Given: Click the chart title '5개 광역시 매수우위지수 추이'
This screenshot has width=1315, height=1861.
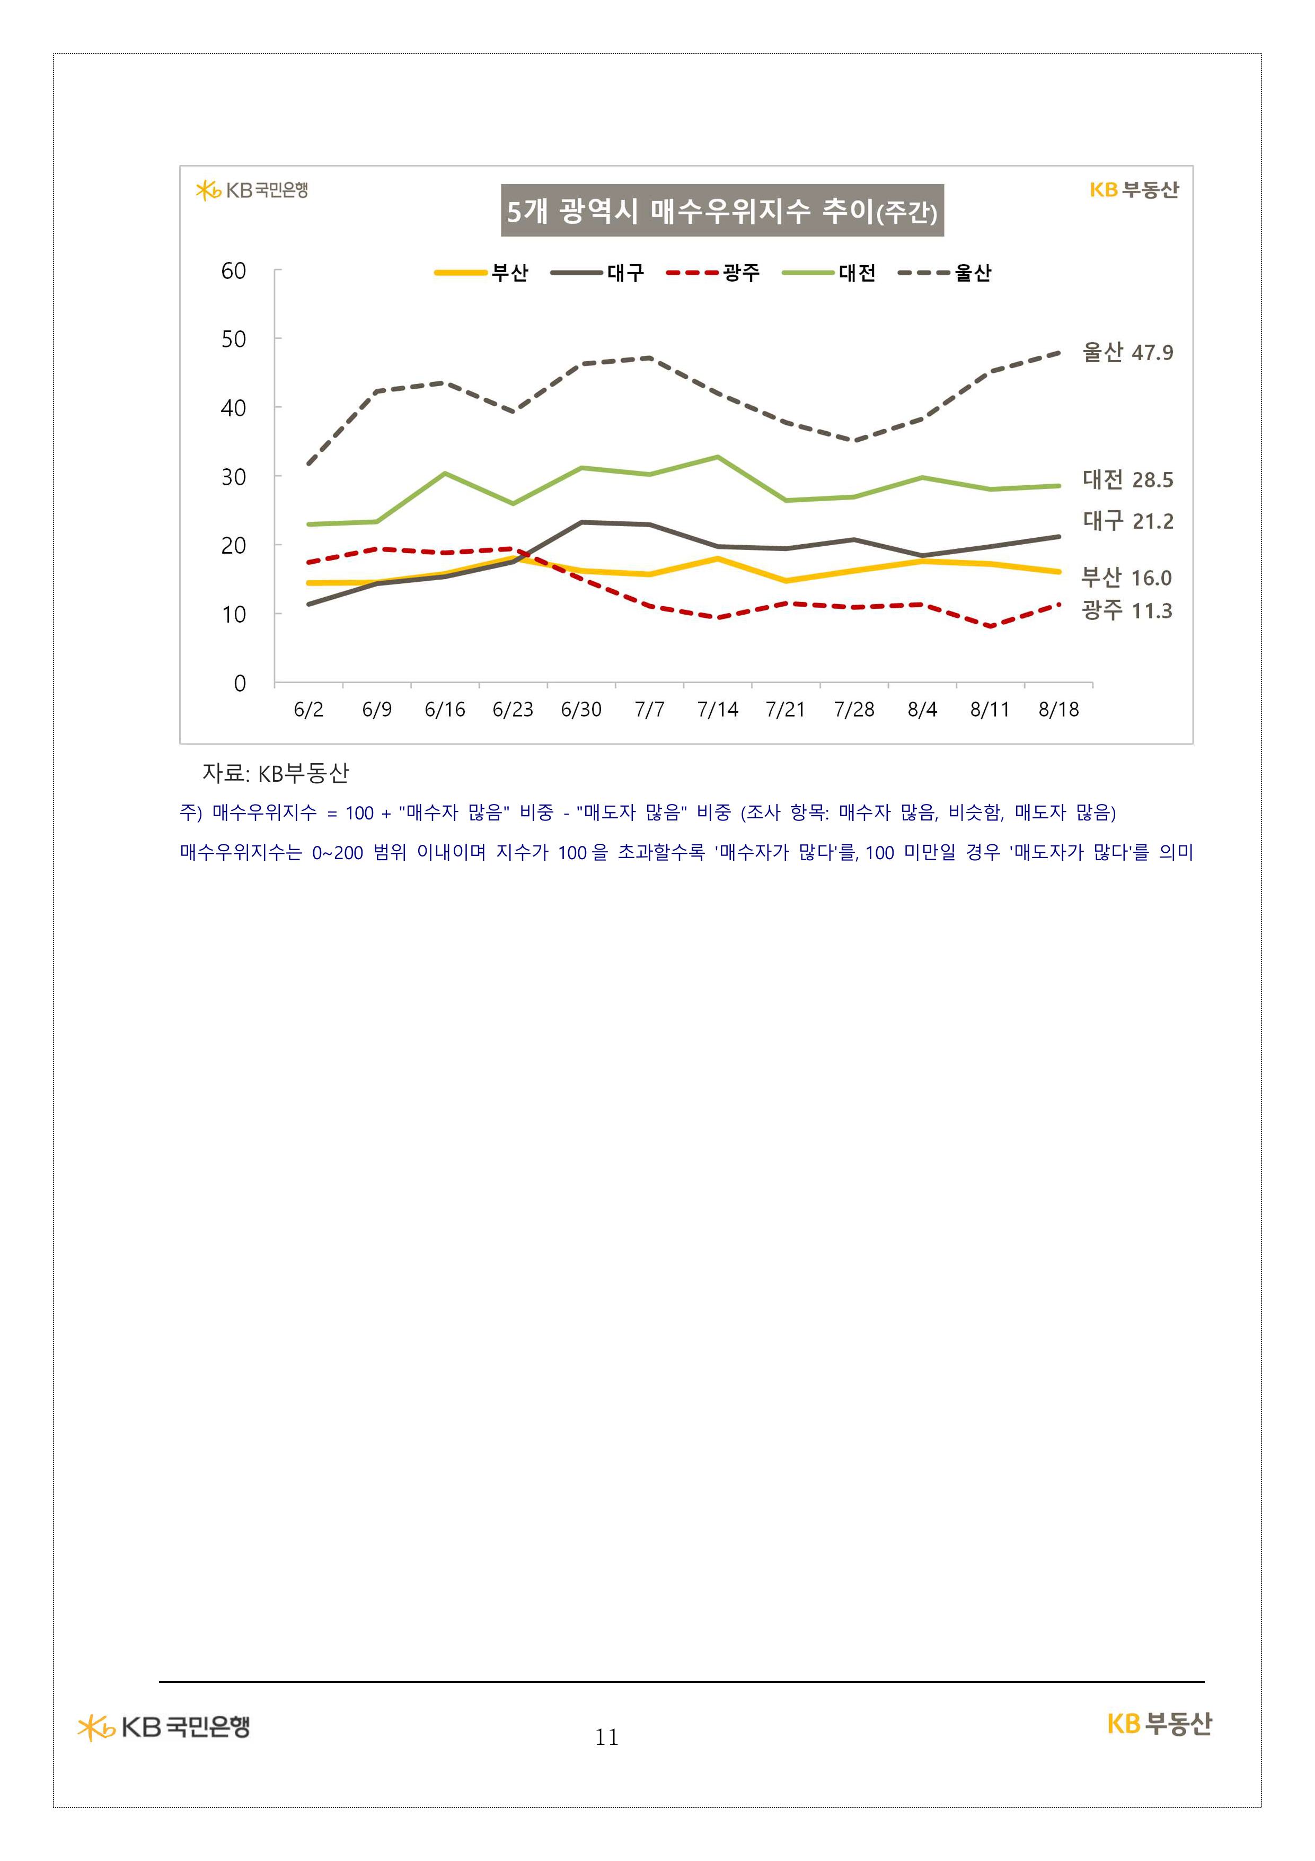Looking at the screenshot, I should click(x=721, y=211).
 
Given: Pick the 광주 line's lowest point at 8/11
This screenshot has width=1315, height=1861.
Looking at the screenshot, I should click(x=991, y=626).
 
